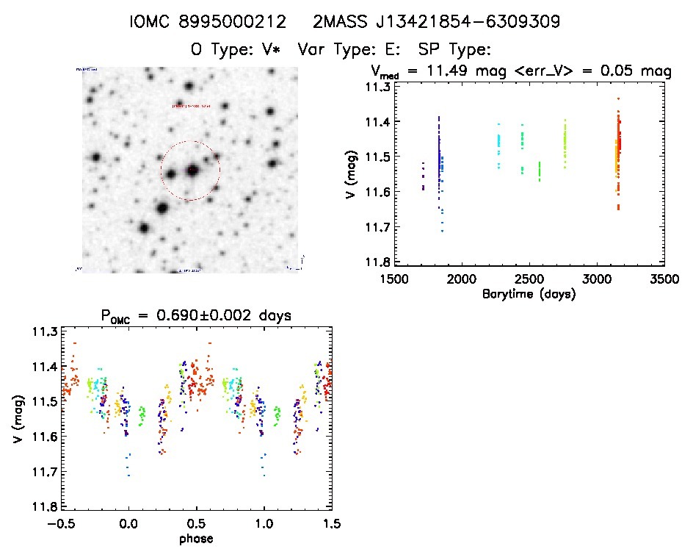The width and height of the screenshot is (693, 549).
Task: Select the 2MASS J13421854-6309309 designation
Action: (436, 22)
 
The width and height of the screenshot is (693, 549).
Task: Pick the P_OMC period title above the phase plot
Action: (196, 315)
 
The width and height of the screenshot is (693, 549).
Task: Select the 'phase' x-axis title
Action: (196, 539)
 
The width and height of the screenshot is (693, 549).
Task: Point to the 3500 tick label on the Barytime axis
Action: (664, 279)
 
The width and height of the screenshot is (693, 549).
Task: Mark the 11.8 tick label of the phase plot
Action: (43, 507)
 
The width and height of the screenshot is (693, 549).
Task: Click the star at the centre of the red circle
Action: (192, 171)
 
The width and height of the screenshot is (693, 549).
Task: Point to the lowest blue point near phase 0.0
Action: (128, 476)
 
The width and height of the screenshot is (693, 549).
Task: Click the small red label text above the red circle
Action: (191, 107)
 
